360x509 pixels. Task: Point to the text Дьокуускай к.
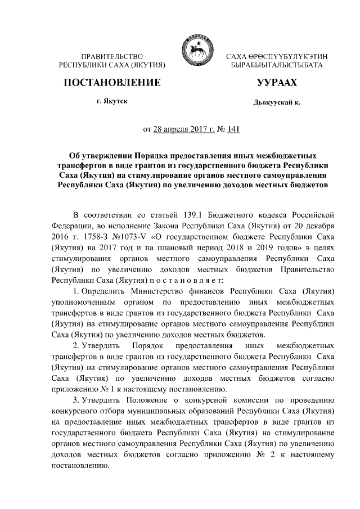pyautogui.click(x=277, y=103)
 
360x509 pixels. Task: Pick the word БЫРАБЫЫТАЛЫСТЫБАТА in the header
pyautogui.click(x=277, y=66)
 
